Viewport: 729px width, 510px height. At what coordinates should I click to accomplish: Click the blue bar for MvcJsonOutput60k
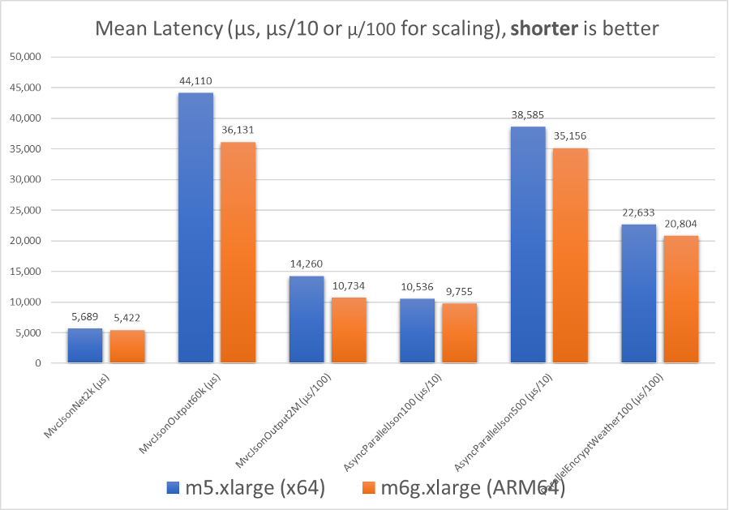click(x=195, y=228)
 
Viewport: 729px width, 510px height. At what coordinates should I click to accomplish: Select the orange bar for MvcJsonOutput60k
click(x=238, y=252)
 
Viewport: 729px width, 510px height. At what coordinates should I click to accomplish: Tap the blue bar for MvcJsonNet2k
click(x=85, y=345)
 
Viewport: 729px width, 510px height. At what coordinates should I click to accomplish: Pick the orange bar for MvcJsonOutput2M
click(x=349, y=330)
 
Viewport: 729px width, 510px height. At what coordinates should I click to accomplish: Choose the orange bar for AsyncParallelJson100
click(x=460, y=333)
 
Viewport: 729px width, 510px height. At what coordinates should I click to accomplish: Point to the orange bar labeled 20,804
click(x=680, y=299)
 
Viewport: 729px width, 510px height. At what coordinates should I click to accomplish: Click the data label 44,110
click(x=195, y=81)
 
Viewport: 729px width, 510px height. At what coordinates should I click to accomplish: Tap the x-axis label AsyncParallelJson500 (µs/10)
click(x=514, y=415)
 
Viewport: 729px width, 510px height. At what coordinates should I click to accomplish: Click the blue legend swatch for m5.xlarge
click(x=171, y=487)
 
